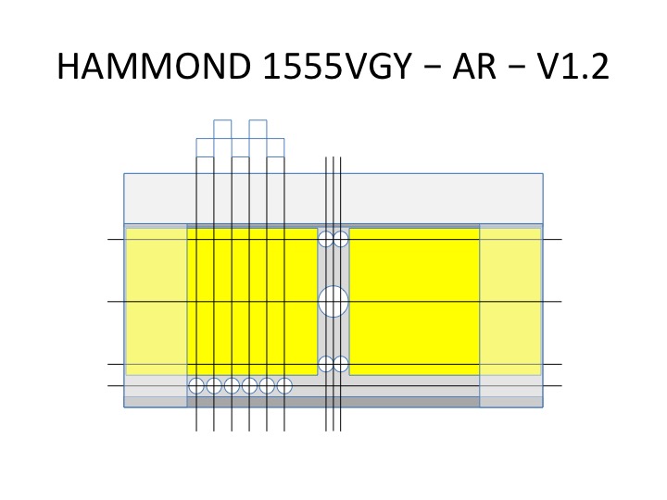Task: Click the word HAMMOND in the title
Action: tap(154, 66)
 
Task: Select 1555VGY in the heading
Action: tap(338, 66)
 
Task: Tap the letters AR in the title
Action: tap(474, 66)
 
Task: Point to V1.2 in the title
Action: tap(573, 66)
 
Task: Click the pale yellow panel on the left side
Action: tap(157, 302)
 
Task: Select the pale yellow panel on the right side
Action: tap(510, 302)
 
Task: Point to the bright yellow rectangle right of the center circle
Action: tap(414, 302)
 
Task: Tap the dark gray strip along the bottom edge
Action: tap(333, 402)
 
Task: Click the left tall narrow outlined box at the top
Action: tap(222, 120)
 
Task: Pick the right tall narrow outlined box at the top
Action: tap(258, 120)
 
